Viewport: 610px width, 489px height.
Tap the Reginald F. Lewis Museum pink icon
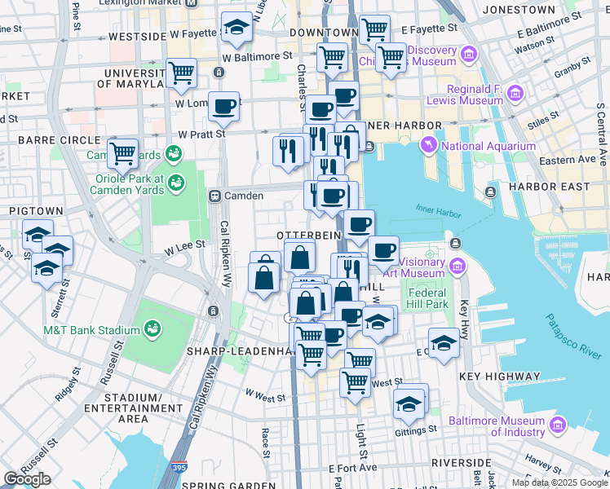point(515,94)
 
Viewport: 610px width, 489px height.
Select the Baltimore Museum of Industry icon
point(558,425)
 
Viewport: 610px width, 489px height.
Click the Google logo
point(27,479)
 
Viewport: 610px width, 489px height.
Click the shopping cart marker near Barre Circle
point(122,152)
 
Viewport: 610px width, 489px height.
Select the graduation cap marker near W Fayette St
point(236,29)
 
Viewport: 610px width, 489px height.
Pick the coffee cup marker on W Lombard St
point(223,106)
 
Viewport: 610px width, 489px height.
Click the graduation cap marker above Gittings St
point(409,402)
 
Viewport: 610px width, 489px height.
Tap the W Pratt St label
point(201,134)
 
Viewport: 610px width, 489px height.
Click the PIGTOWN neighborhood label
point(30,210)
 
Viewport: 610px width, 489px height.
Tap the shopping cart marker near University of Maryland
point(181,73)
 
